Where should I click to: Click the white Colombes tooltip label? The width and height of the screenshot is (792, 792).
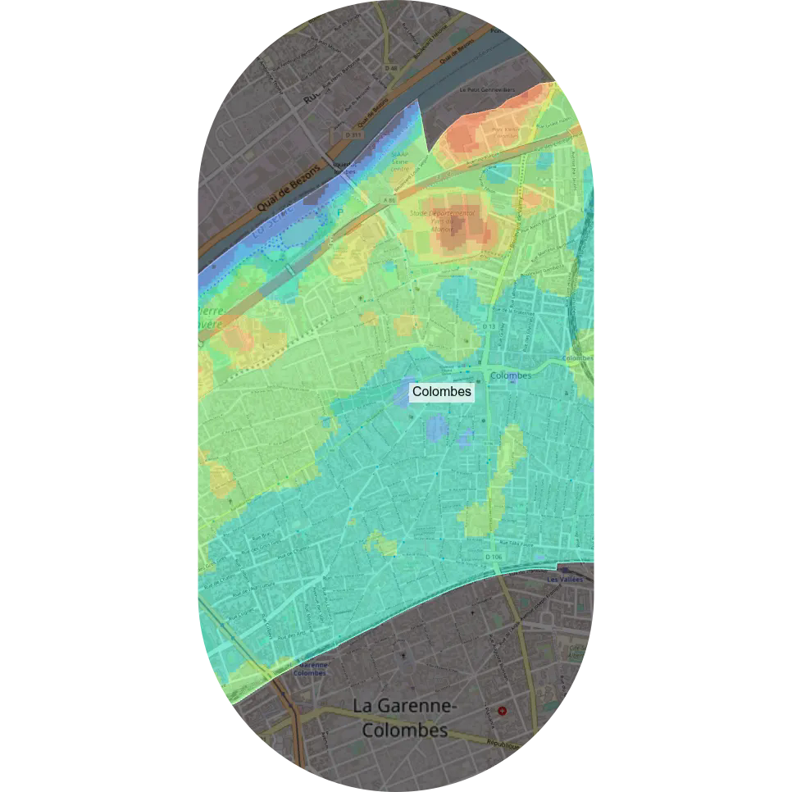click(x=442, y=392)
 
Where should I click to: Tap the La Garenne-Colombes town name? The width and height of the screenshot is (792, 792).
click(x=405, y=717)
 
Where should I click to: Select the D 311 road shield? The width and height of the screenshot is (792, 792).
click(x=353, y=134)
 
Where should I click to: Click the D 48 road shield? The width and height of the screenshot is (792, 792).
click(x=391, y=69)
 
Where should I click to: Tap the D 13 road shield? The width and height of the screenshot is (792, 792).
click(x=489, y=326)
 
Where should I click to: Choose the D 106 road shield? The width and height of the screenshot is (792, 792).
click(x=493, y=558)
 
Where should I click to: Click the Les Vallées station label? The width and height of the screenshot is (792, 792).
click(x=564, y=580)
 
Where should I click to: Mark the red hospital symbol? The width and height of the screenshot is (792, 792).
click(x=503, y=711)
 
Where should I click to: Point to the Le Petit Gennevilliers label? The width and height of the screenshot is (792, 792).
click(x=487, y=89)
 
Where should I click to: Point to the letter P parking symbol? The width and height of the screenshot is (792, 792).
click(x=341, y=212)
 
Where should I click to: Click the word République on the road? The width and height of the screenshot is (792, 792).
click(x=503, y=745)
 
